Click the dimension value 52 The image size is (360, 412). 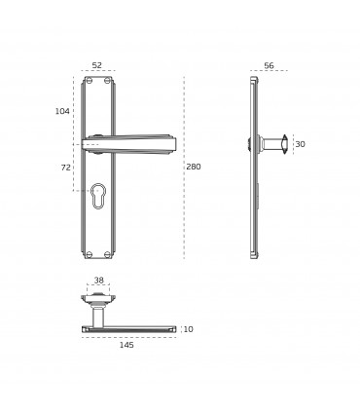[x=97, y=65]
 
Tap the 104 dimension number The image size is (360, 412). [x=62, y=111]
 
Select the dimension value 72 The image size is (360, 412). [x=65, y=168]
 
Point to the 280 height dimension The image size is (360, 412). [x=194, y=167]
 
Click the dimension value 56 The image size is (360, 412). [x=269, y=65]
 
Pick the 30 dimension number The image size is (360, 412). [x=300, y=144]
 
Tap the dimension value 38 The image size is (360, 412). [x=99, y=280]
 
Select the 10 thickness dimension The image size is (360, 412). [x=188, y=329]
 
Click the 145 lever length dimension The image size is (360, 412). [x=126, y=345]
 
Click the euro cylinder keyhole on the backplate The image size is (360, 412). [x=97, y=195]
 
